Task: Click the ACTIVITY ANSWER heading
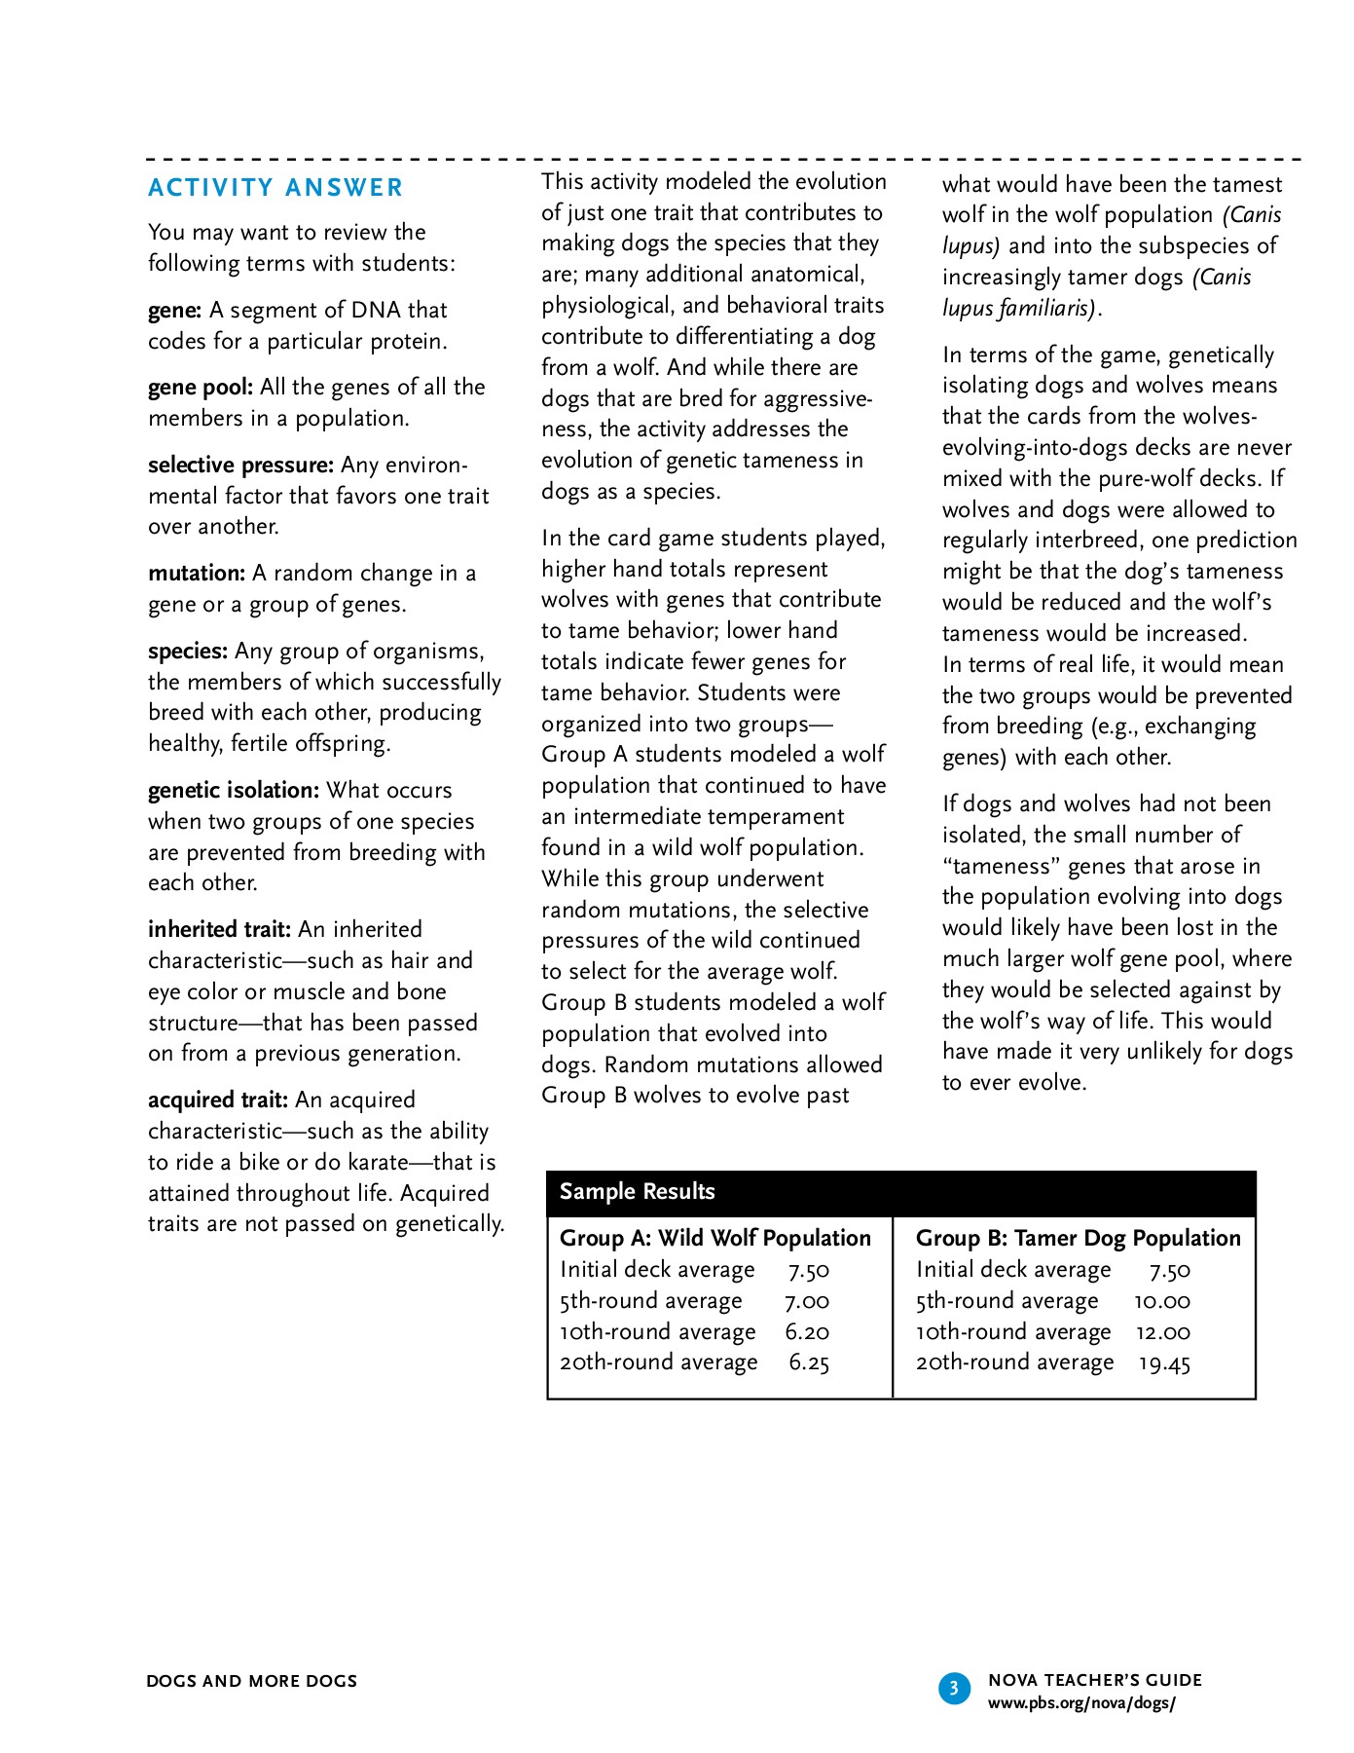[275, 188]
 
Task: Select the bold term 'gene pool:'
[201, 388]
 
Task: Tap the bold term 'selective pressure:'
[240, 466]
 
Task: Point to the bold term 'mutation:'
[197, 574]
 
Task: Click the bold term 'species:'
[188, 652]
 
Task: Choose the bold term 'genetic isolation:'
[234, 791]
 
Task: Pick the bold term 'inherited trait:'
[219, 930]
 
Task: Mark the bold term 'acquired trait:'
[218, 1100]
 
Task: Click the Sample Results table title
[637, 1192]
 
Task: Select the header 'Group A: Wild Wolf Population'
[715, 1239]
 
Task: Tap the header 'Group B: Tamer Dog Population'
[1079, 1239]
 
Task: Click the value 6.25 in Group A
[809, 1363]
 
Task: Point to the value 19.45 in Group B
[1164, 1363]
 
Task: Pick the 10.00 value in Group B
[1162, 1301]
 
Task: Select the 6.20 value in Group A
[807, 1332]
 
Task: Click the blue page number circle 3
[954, 1688]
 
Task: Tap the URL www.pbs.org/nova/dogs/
[1081, 1703]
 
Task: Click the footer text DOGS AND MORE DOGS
[252, 1682]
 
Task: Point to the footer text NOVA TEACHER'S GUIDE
[1095, 1680]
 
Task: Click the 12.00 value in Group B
[1163, 1332]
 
